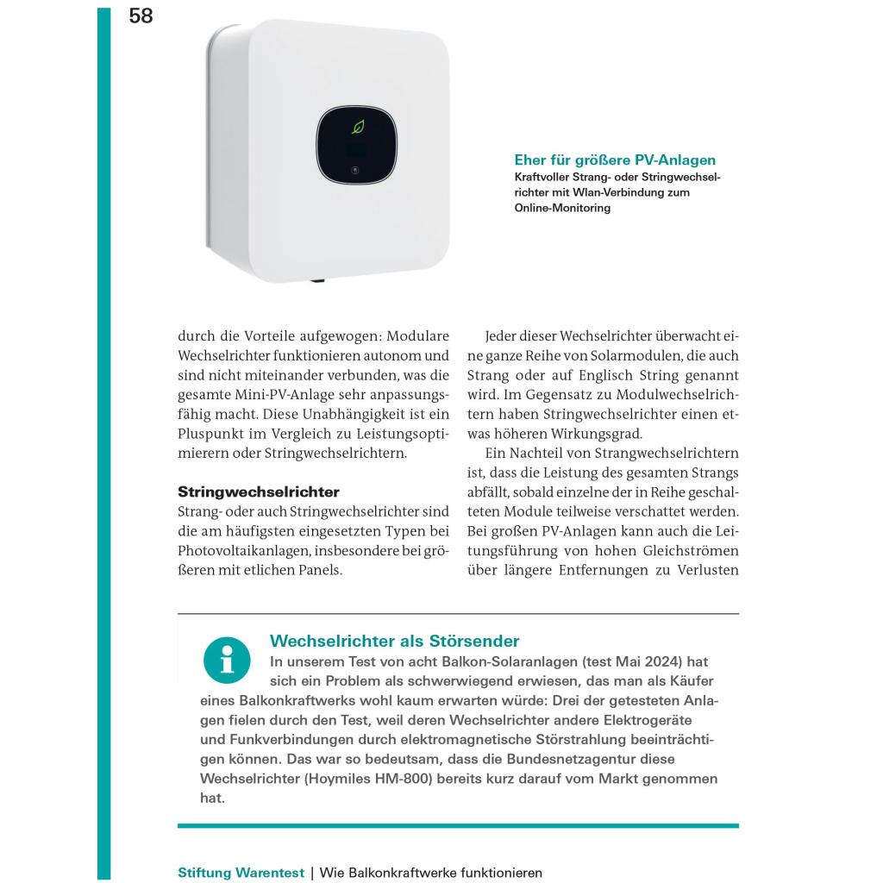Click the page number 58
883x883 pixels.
141,16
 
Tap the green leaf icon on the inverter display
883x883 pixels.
358,128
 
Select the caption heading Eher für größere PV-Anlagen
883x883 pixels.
615,160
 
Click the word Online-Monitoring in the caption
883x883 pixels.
562,208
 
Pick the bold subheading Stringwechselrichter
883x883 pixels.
259,492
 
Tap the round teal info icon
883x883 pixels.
227,661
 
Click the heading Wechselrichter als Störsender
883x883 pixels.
395,641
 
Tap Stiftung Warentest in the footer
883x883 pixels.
241,873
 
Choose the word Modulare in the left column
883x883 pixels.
420,335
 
